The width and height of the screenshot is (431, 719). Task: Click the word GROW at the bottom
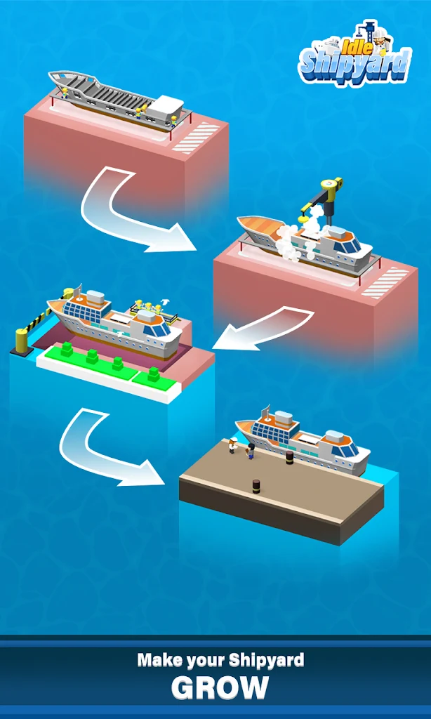(x=220, y=687)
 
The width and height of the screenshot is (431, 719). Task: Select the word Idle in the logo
(x=352, y=45)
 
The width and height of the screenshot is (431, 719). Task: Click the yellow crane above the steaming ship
(x=323, y=197)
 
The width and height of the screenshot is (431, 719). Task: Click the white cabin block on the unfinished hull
(x=166, y=107)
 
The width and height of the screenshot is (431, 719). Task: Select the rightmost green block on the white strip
(x=153, y=374)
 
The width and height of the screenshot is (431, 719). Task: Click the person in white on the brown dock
(x=232, y=445)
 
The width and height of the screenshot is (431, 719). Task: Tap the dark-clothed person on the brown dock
(x=251, y=451)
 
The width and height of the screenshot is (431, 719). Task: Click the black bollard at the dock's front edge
(x=256, y=486)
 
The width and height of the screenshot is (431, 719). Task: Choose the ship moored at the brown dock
(x=303, y=440)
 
